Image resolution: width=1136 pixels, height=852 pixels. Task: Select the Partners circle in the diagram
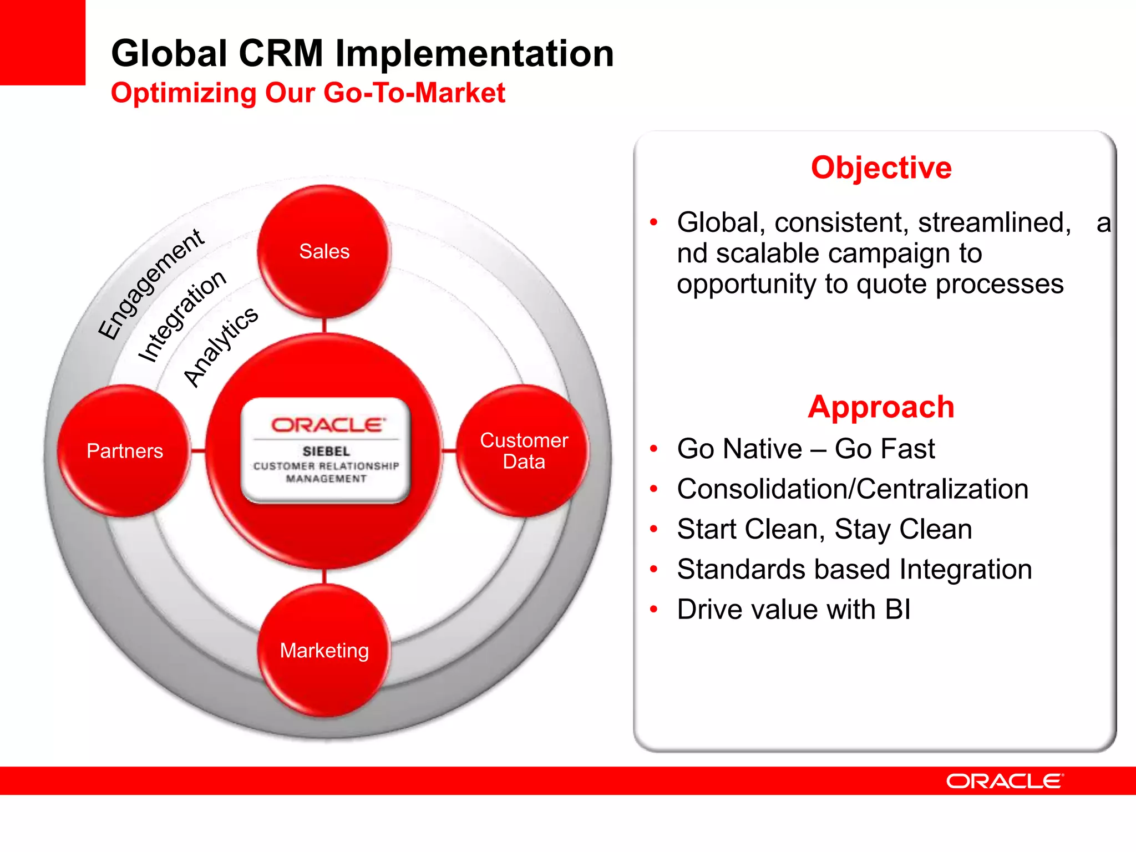click(125, 451)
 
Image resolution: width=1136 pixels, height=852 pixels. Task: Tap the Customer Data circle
click(524, 451)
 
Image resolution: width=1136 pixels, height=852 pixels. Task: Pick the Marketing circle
click(324, 650)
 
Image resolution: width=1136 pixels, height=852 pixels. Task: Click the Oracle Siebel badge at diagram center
click(326, 450)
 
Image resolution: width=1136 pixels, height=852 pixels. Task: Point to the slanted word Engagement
click(151, 283)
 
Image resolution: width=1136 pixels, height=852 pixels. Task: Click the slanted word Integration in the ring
click(182, 316)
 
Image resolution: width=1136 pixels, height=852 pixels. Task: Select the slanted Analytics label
click(220, 347)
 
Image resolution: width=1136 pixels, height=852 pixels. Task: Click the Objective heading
click(881, 168)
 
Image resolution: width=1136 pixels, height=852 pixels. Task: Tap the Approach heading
click(881, 407)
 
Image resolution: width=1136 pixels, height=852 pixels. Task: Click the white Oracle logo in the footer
click(1005, 781)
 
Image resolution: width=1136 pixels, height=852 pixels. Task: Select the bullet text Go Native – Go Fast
click(805, 449)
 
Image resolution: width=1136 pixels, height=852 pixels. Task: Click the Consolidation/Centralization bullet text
click(853, 489)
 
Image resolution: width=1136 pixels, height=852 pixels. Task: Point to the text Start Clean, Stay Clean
click(824, 529)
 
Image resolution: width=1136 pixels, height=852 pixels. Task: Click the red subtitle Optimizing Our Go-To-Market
click(308, 93)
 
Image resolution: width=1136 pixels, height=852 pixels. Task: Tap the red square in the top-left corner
click(42, 42)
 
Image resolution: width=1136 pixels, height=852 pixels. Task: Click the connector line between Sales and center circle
click(324, 326)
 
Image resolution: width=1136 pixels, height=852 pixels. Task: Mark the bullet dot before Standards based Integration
click(653, 569)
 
